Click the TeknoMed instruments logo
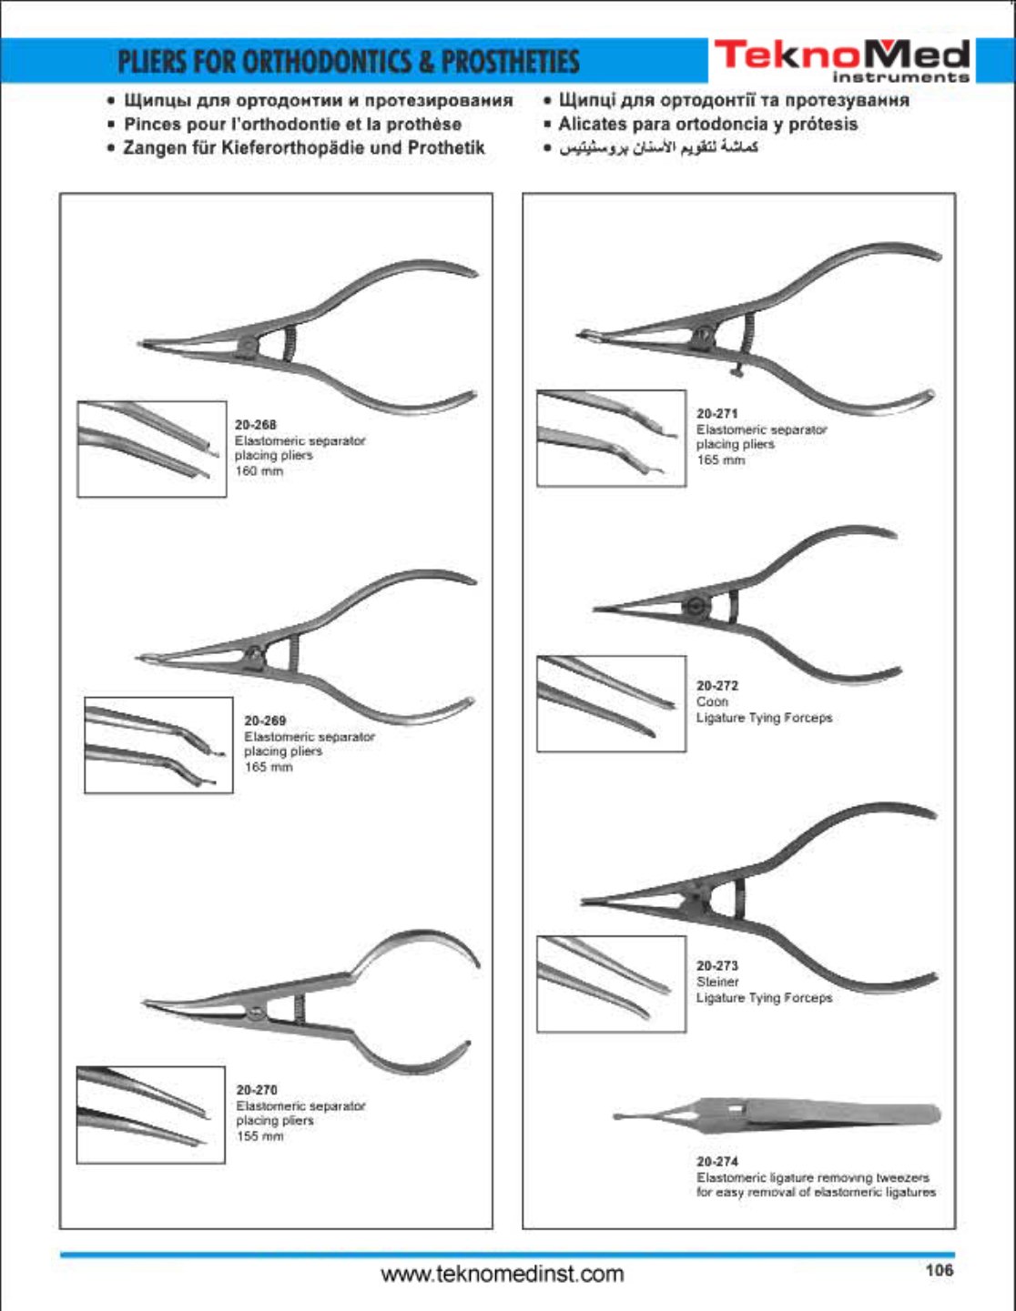coord(843,60)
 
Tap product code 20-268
coord(255,425)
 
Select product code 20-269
coord(265,721)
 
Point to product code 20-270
coord(257,1090)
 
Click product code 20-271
coord(717,413)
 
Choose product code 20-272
coord(717,685)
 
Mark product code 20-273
coord(717,965)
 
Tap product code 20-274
coord(717,1161)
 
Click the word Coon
coord(712,701)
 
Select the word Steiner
coord(717,982)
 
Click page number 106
coord(940,1269)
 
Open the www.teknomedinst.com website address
coord(503,1274)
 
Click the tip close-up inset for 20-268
coord(152,449)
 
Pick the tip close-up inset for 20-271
coord(612,438)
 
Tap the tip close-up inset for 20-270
coord(151,1114)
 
